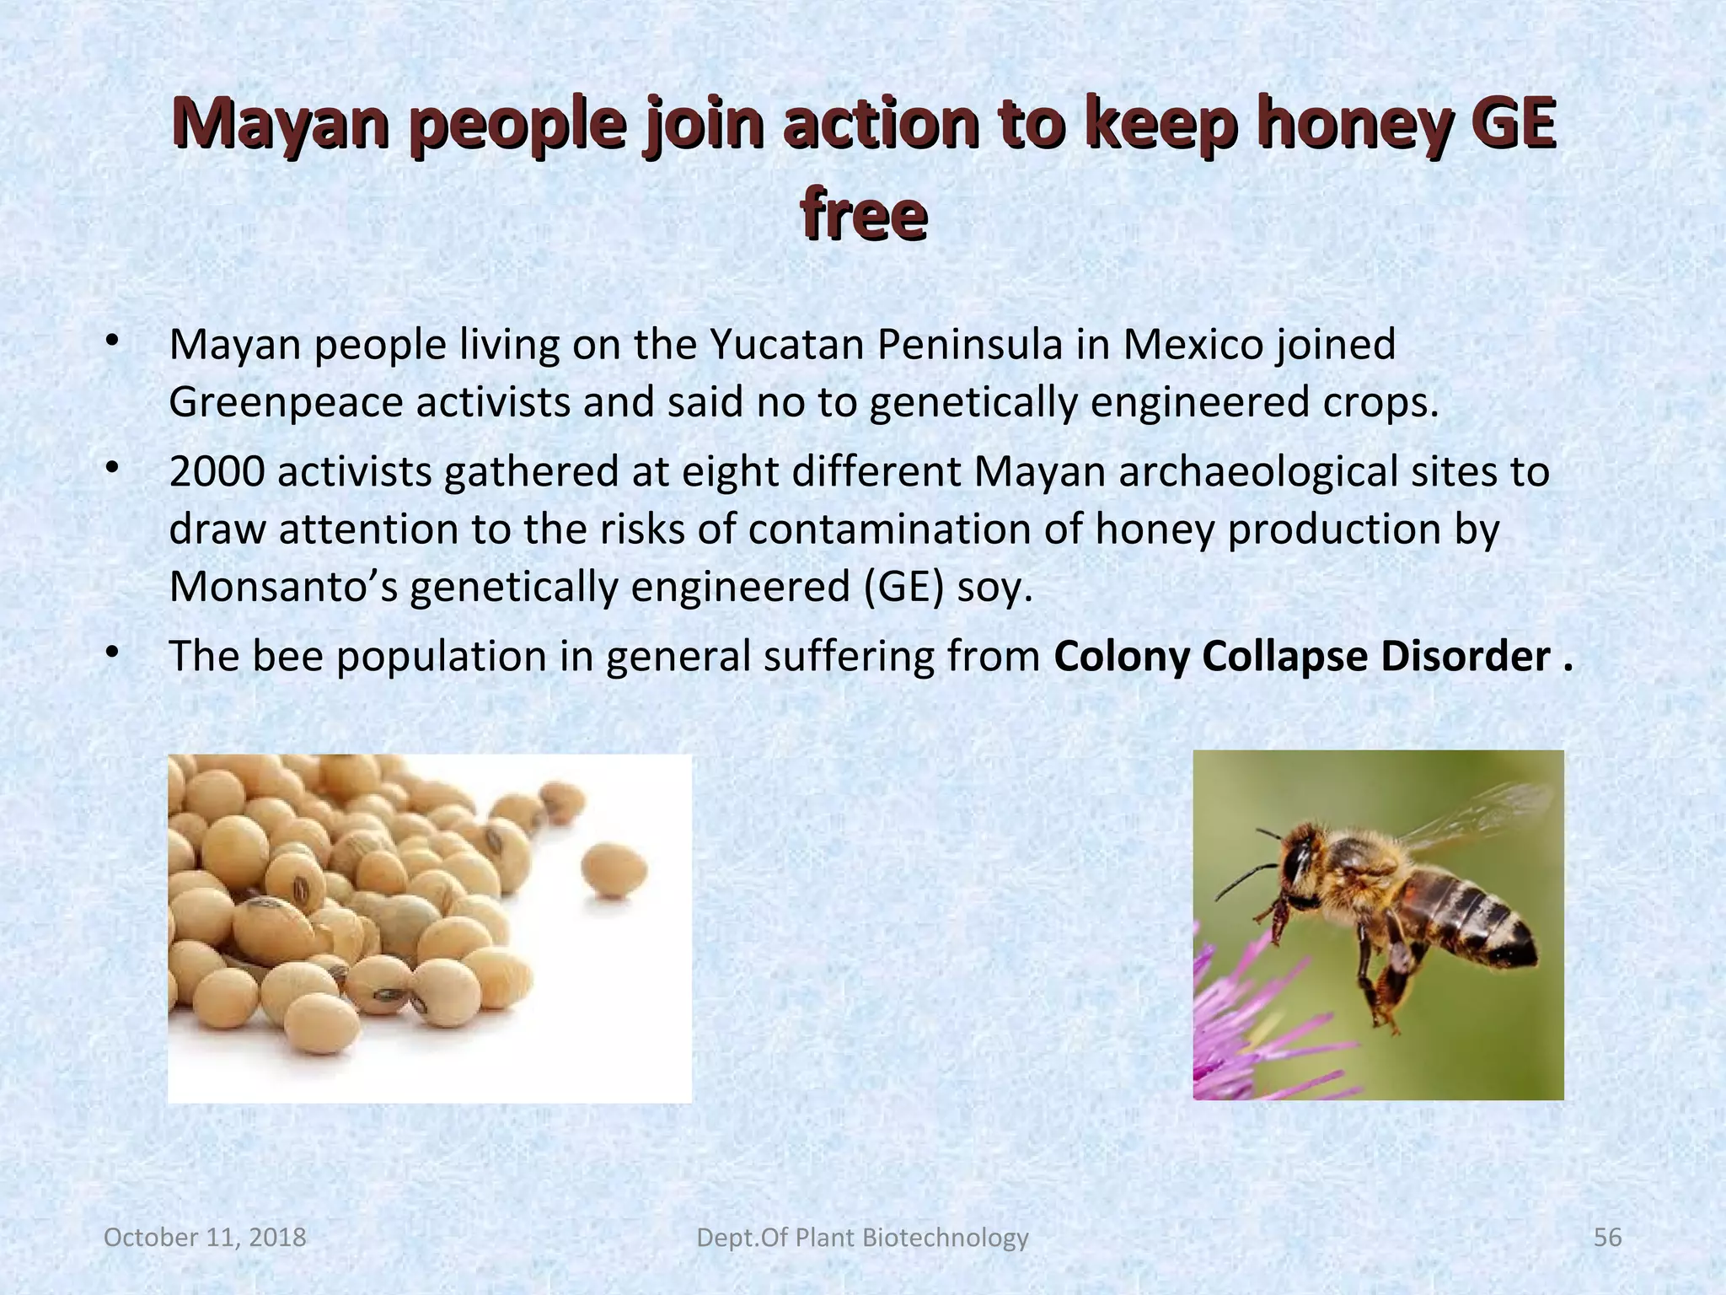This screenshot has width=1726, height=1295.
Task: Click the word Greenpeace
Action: [285, 402]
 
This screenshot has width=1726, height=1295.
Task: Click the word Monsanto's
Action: [283, 587]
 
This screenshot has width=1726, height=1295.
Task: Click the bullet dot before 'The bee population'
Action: [110, 653]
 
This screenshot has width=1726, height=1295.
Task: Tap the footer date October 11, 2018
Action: [205, 1238]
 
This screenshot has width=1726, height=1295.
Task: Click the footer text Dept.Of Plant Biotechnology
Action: [863, 1238]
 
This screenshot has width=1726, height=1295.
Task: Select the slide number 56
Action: [1608, 1238]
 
